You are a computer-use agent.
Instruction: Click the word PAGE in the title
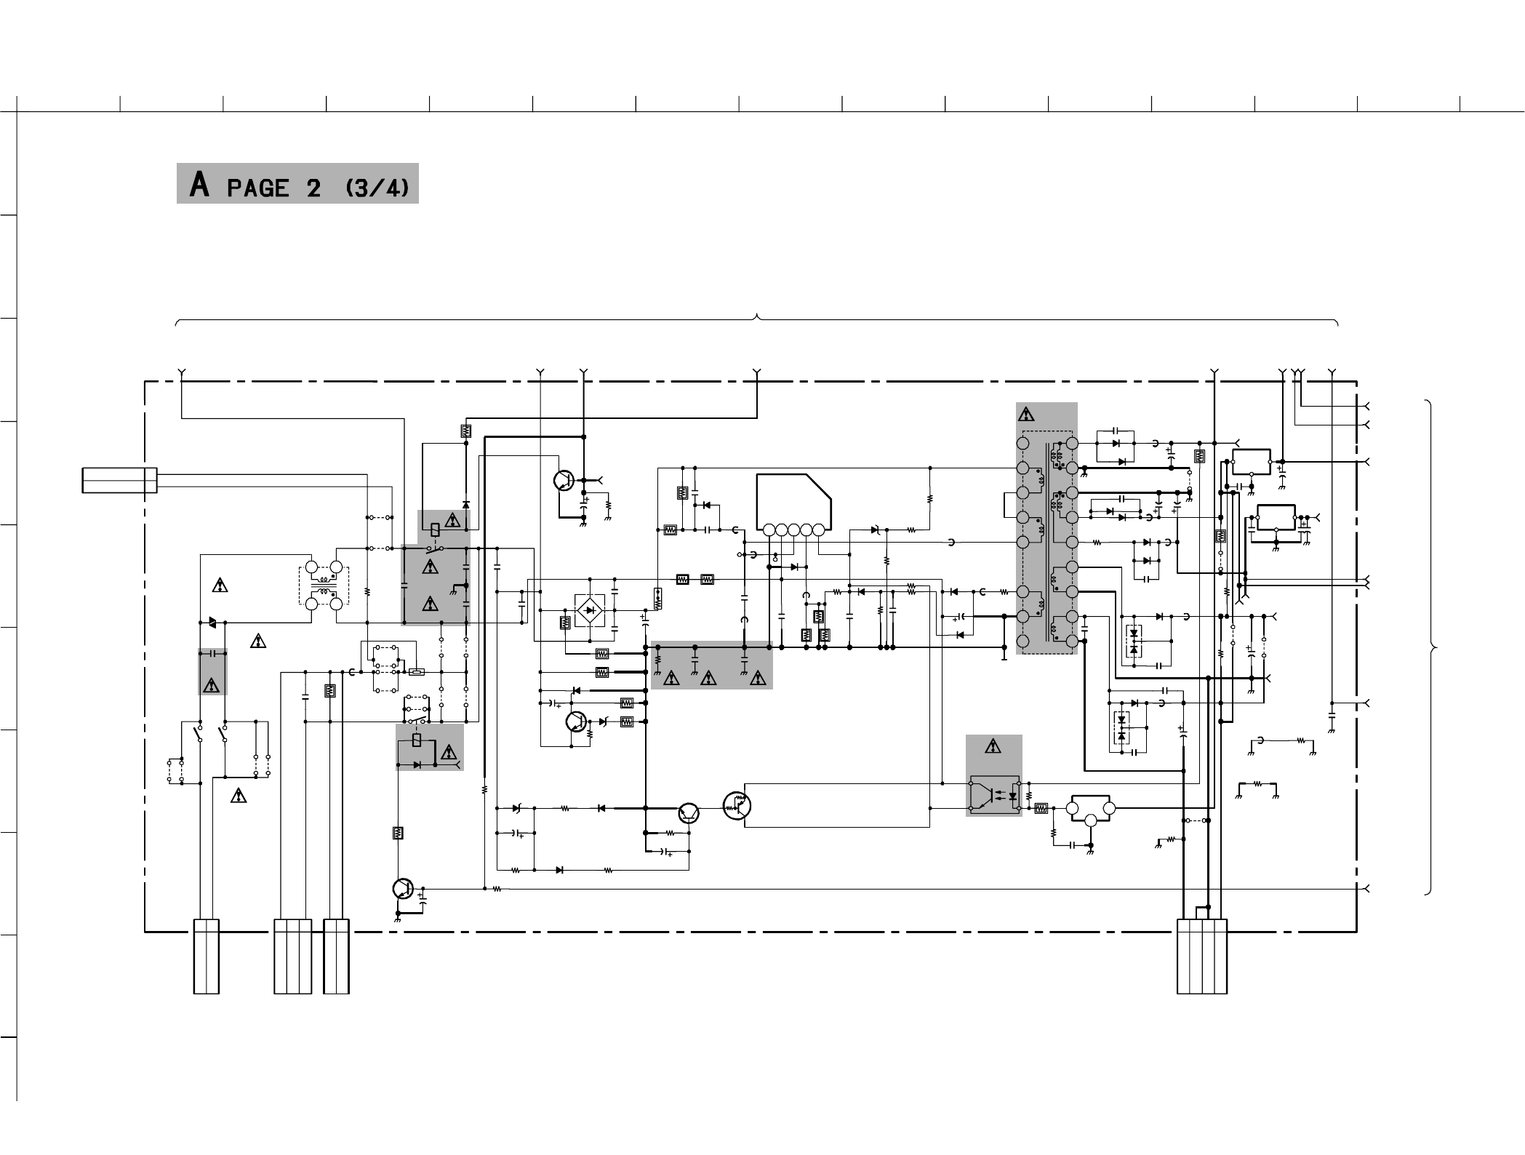click(x=257, y=188)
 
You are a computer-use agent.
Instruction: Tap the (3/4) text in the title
click(x=377, y=188)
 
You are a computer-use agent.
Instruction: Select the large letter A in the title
click(x=199, y=185)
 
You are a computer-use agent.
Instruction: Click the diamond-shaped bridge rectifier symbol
click(x=590, y=610)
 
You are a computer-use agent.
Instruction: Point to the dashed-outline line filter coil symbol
click(x=324, y=586)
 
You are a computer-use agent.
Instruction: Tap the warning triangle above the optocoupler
click(x=993, y=746)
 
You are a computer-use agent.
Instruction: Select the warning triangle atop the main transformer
click(x=1026, y=415)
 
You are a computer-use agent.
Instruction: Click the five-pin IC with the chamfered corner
click(x=793, y=504)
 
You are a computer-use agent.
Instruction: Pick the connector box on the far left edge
click(x=119, y=480)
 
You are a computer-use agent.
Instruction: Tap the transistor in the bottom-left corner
click(x=402, y=888)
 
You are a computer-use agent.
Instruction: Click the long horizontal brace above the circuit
click(x=757, y=319)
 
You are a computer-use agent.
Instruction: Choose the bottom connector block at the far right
click(x=1202, y=956)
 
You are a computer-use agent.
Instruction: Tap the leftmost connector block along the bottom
click(x=207, y=956)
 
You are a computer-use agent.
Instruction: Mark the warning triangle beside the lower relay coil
click(x=449, y=752)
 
